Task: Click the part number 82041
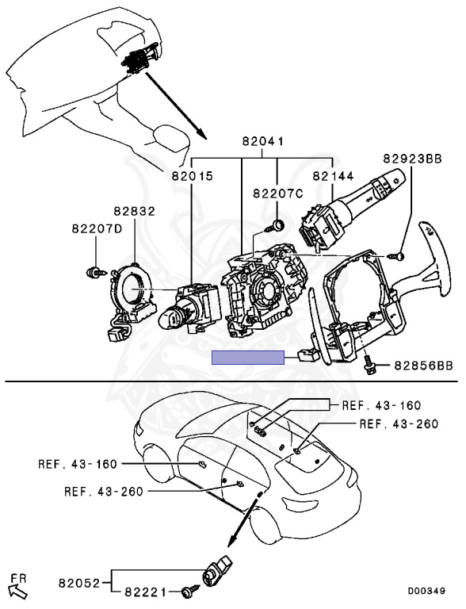pyautogui.click(x=262, y=141)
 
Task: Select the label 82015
pyautogui.click(x=193, y=176)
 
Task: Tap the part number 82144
pyautogui.click(x=333, y=176)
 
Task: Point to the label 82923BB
pyautogui.click(x=412, y=159)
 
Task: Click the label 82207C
pyautogui.click(x=278, y=193)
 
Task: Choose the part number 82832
pyautogui.click(x=135, y=211)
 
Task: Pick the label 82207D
pyautogui.click(x=97, y=228)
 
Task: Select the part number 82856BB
pyautogui.click(x=424, y=366)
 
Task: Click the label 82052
pyautogui.click(x=79, y=583)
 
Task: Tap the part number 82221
pyautogui.click(x=145, y=592)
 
